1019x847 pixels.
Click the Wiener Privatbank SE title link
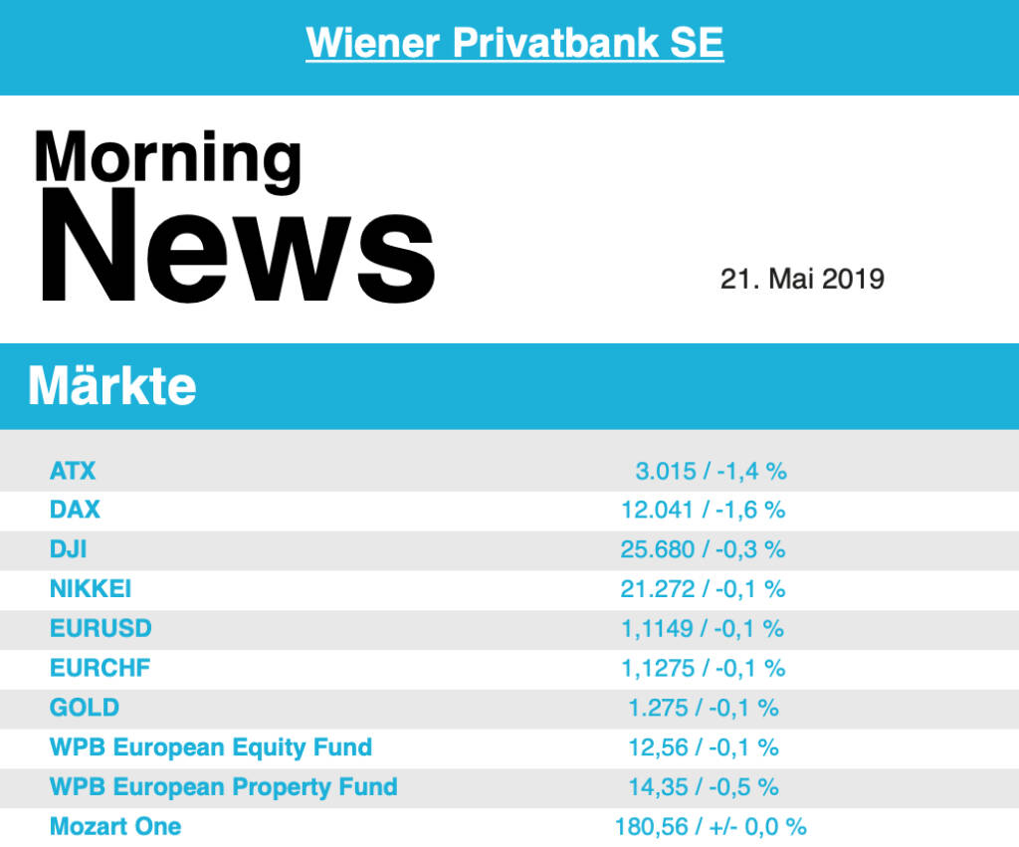tap(514, 43)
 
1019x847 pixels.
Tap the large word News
tap(236, 247)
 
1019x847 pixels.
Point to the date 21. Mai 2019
tap(802, 279)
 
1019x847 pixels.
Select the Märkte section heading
tap(112, 386)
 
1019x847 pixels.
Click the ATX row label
tap(73, 470)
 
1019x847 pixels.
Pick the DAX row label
tap(75, 510)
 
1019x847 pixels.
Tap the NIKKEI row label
tap(91, 589)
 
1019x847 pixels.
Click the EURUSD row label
tap(101, 629)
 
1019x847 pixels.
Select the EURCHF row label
tap(101, 668)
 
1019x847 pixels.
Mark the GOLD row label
tap(85, 708)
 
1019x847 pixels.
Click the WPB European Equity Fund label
tap(211, 747)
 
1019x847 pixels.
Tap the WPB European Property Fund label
tap(224, 787)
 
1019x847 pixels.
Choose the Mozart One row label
tap(115, 827)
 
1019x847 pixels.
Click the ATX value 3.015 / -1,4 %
tap(711, 471)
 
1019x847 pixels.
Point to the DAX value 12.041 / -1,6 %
tap(704, 510)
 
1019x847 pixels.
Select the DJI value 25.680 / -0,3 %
tap(704, 549)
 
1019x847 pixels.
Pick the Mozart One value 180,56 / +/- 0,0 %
tap(711, 827)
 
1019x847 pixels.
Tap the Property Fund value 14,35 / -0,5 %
tap(704, 787)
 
